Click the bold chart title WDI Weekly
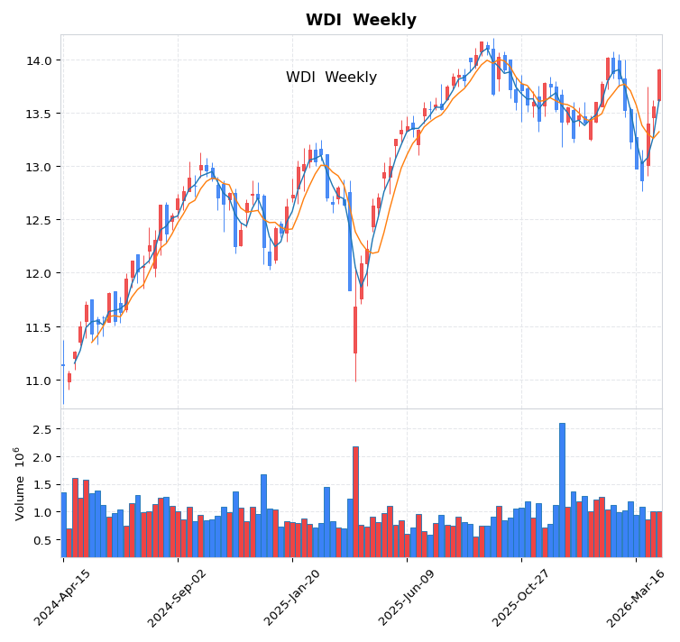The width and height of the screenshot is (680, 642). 361,20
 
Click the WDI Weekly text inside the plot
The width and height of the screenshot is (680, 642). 331,78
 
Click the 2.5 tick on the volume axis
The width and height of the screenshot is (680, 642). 41,429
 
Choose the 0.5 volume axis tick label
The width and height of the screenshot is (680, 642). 41,540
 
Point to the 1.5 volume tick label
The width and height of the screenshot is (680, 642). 41,484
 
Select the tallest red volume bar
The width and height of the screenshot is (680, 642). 355,501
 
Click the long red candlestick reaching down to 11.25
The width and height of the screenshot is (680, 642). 355,329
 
